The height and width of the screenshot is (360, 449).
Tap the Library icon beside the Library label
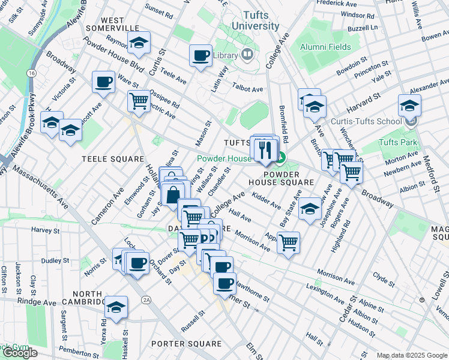[247, 55]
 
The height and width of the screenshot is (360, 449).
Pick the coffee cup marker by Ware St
[103, 82]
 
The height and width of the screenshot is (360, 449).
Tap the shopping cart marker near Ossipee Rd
[139, 101]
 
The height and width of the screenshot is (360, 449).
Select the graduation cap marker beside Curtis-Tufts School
[409, 106]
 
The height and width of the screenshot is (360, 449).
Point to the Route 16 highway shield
[30, 73]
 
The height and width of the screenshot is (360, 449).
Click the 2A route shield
[145, 299]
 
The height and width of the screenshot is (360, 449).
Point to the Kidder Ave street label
[267, 202]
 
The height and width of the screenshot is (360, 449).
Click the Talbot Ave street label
[248, 89]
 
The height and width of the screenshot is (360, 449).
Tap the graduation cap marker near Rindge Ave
[116, 307]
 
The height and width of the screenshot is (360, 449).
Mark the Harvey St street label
[42, 230]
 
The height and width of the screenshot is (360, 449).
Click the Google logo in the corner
[20, 353]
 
